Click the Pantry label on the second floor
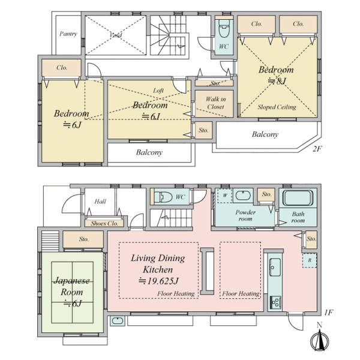pos(68,34)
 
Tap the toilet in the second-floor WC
pos(224,28)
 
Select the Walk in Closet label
pos(215,103)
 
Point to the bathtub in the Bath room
pos(298,197)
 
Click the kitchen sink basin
pos(275,267)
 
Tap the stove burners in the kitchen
pos(275,302)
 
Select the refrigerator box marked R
pos(310,260)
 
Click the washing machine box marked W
pos(225,196)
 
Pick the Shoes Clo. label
pos(104,223)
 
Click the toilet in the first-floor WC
pos(163,197)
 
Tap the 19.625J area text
pos(158,281)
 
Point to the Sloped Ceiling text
pos(277,107)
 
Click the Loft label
pos(158,91)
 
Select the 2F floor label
pos(317,149)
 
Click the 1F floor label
pos(329,313)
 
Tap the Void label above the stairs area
pos(116,35)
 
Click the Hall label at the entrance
pos(100,202)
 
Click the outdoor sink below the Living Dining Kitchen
pos(118,321)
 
